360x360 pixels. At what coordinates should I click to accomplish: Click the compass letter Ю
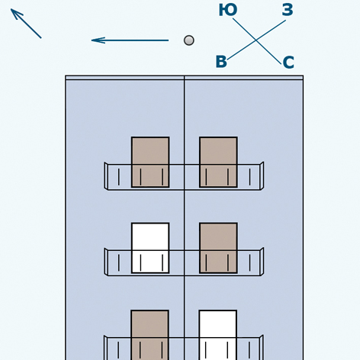pyautogui.click(x=228, y=10)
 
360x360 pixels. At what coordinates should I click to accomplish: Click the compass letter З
pyautogui.click(x=288, y=10)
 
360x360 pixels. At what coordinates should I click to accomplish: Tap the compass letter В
pyautogui.click(x=221, y=62)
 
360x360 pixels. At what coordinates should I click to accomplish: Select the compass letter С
pyautogui.click(x=288, y=63)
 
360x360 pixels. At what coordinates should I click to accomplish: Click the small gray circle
pyautogui.click(x=189, y=40)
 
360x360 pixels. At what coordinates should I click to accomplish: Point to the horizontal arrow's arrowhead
pyautogui.click(x=98, y=40)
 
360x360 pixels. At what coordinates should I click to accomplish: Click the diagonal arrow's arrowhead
pyautogui.click(x=16, y=14)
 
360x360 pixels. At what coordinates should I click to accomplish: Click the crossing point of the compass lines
pyautogui.click(x=256, y=40)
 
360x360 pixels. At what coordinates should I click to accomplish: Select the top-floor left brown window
pyautogui.click(x=150, y=162)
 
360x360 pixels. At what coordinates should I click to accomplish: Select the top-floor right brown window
pyautogui.click(x=218, y=162)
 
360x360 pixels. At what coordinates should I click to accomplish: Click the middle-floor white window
pyautogui.click(x=150, y=248)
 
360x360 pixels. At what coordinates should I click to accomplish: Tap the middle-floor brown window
pyautogui.click(x=218, y=248)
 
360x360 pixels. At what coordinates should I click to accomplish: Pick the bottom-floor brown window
pyautogui.click(x=149, y=335)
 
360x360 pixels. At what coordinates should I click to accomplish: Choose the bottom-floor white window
pyautogui.click(x=218, y=335)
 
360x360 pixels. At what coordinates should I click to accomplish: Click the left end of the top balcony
pyautogui.click(x=106, y=175)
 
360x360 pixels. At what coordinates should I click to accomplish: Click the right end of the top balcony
pyautogui.click(x=262, y=175)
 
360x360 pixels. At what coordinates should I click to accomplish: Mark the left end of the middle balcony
pyautogui.click(x=106, y=262)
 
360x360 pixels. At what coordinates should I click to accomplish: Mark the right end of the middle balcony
pyautogui.click(x=262, y=262)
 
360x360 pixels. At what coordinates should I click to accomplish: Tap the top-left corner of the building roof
pyautogui.click(x=66, y=76)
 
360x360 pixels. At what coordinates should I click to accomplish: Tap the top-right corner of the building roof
pyautogui.click(x=304, y=76)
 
